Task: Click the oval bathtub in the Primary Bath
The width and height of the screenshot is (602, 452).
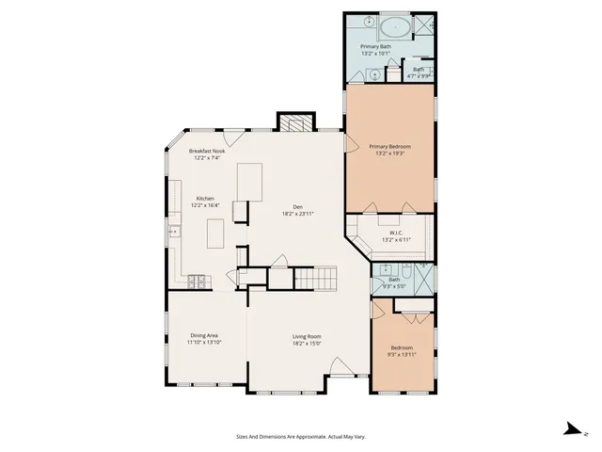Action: pos(395,24)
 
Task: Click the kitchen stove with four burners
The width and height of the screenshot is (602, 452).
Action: pos(198,280)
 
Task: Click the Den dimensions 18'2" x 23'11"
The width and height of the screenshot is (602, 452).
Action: pos(297,214)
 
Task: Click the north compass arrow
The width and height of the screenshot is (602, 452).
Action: pos(569,428)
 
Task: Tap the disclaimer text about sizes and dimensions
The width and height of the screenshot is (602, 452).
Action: pos(301,436)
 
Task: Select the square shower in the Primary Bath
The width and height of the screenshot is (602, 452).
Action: pos(425,24)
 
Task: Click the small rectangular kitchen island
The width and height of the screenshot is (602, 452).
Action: pos(214,232)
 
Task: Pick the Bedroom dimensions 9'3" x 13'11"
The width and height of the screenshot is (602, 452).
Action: pos(402,354)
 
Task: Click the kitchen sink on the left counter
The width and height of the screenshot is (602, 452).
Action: pos(173,230)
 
